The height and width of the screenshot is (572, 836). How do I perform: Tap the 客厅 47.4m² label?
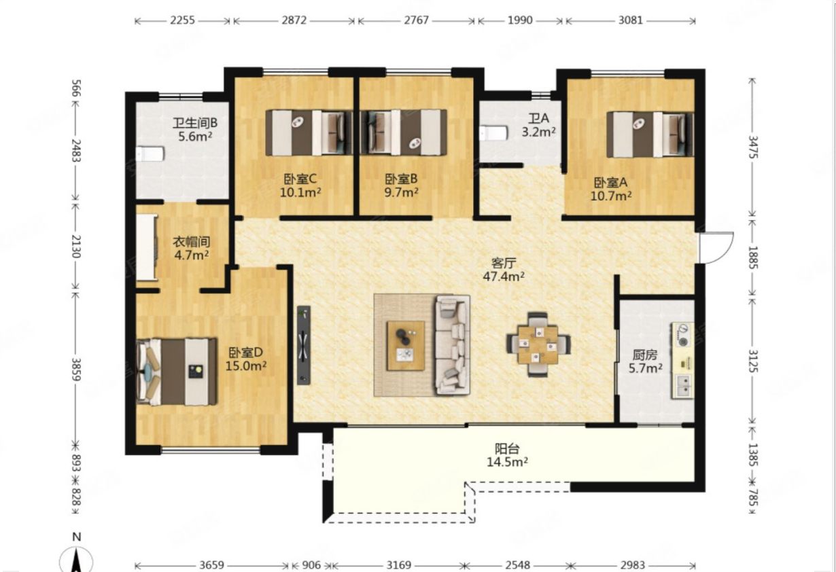(x=504, y=270)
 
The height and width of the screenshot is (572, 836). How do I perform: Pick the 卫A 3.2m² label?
(x=538, y=125)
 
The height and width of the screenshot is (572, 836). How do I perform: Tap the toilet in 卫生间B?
(x=150, y=154)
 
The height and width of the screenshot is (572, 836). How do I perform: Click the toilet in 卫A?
(x=493, y=133)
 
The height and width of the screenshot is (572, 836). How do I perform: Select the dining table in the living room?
(x=538, y=344)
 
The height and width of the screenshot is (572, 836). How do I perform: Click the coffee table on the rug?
(x=406, y=346)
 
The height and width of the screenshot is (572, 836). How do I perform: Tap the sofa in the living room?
(x=453, y=345)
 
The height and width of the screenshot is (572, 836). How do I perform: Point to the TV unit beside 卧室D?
(x=304, y=345)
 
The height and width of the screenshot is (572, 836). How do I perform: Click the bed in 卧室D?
(x=177, y=372)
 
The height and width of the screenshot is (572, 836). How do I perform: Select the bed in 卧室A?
(x=650, y=135)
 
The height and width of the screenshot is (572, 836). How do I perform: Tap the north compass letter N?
(x=77, y=537)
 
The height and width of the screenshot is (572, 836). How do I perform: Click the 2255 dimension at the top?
(x=183, y=20)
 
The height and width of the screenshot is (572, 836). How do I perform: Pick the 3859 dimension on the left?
(x=76, y=370)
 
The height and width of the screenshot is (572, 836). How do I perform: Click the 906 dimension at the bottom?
(x=311, y=565)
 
